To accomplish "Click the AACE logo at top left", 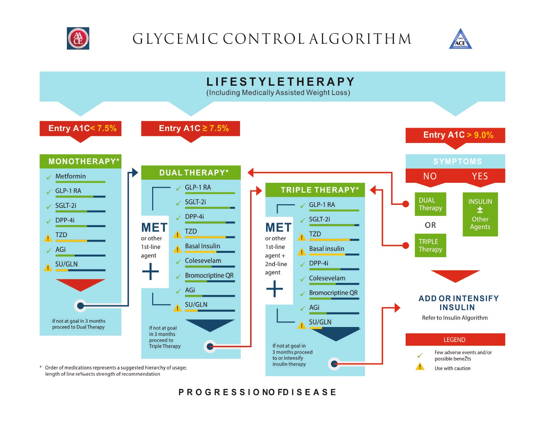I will click(78, 39).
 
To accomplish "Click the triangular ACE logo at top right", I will click(460, 39).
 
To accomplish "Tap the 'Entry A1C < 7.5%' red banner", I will click(81, 128).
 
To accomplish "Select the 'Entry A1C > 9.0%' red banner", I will click(455, 135).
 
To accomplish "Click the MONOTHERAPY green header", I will click(81, 161).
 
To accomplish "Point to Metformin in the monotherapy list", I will click(71, 176).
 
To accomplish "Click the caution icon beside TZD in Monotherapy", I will click(48, 238).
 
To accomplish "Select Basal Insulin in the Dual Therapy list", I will click(202, 246).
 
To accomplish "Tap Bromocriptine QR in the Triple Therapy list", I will click(333, 293).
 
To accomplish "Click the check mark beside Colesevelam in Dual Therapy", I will click(178, 262).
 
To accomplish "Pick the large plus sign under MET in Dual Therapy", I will click(150, 271).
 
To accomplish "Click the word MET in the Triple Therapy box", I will click(278, 228).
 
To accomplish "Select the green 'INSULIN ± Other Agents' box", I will click(480, 214).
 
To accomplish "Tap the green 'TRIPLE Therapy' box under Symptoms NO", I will click(430, 245).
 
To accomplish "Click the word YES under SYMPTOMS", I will click(480, 176).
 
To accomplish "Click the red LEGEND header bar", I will click(455, 340).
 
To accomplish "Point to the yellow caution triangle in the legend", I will click(420, 367).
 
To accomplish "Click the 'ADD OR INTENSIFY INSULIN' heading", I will click(458, 303).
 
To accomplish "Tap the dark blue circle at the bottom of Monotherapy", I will click(81, 306).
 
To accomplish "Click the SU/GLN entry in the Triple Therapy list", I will click(320, 322).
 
